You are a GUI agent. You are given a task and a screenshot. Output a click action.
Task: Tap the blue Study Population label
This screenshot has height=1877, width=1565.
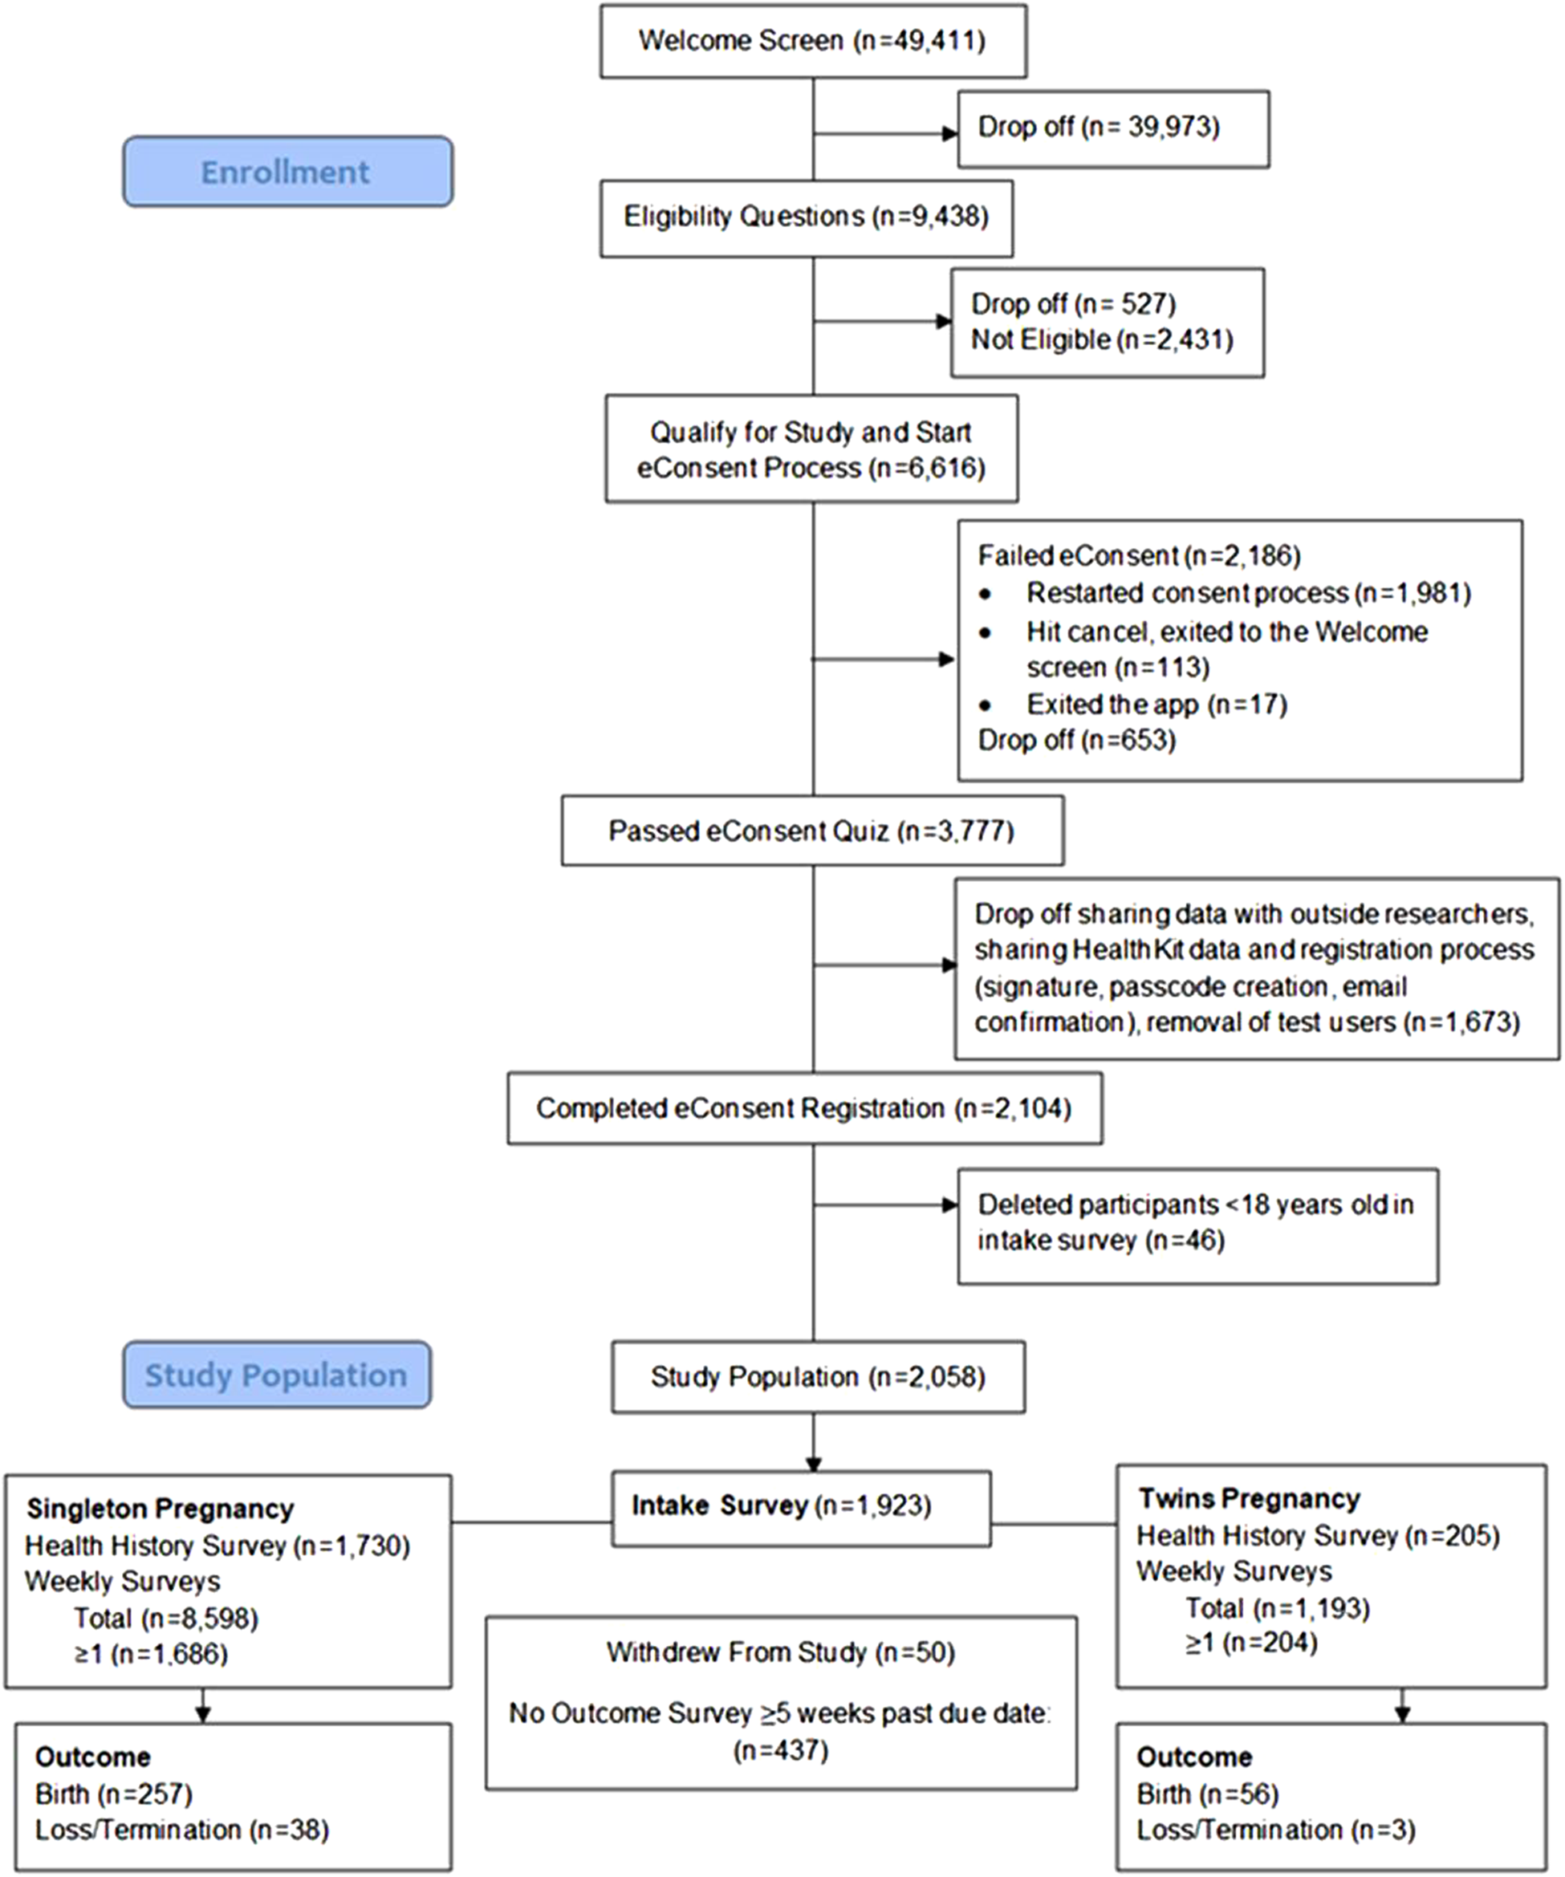pos(276,1375)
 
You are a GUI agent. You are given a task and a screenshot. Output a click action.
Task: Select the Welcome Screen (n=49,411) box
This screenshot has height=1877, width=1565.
pos(813,41)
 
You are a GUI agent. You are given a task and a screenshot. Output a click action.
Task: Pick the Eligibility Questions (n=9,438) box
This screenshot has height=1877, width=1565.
pos(807,218)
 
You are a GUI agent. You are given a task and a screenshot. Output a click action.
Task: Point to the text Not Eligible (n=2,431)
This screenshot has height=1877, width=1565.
pos(1102,339)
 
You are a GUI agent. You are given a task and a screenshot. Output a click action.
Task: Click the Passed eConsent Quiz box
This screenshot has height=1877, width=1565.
pos(812,831)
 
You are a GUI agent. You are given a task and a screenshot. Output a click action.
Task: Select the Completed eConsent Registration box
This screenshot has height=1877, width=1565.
pos(804,1108)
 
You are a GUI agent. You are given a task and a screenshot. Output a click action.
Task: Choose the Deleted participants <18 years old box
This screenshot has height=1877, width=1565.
pos(1197,1226)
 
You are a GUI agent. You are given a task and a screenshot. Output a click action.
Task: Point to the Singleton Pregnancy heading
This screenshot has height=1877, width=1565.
pos(160,1509)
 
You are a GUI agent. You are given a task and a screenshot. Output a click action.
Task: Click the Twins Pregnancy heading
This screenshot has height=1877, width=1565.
pos(1249,1498)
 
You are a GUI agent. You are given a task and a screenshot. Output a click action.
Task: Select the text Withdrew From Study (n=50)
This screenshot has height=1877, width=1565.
pos(781,1652)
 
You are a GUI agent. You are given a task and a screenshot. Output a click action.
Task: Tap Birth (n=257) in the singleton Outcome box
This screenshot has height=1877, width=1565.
pos(113,1794)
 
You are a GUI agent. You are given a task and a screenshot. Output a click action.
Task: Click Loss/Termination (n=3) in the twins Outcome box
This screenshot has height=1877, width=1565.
pos(1275,1830)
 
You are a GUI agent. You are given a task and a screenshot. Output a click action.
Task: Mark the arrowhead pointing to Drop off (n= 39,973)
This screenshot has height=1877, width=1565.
pos(950,134)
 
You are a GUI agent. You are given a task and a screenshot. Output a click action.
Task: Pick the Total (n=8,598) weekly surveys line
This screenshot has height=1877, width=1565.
pos(166,1618)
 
